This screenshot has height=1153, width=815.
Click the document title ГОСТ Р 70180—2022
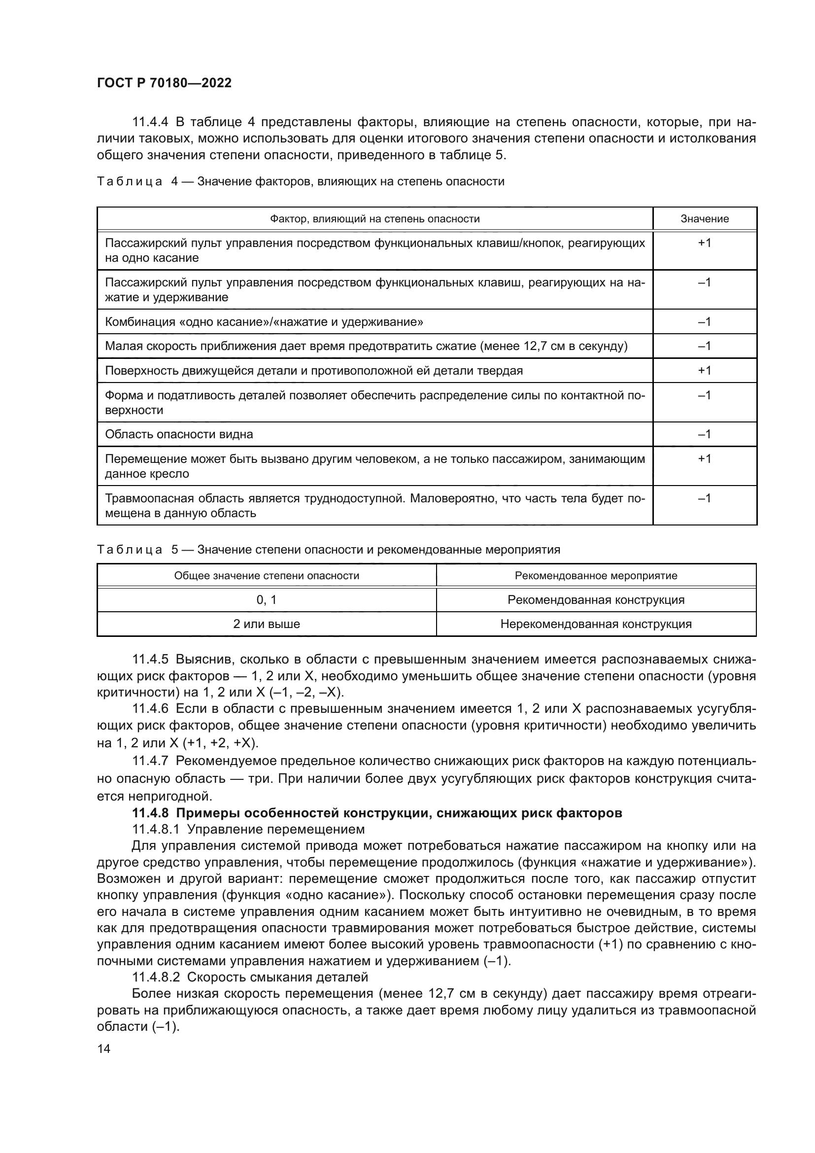point(164,83)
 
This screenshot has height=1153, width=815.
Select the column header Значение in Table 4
point(704,219)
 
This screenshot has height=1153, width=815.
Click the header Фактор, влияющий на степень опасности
point(374,219)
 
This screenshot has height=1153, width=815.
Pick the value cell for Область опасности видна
point(704,434)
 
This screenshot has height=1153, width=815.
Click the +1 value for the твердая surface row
point(704,371)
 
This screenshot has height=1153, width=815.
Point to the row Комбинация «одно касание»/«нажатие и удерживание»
point(264,322)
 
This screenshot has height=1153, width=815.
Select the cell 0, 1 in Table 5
point(267,599)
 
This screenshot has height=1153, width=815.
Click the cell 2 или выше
point(267,624)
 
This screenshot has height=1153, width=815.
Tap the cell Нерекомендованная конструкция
point(596,624)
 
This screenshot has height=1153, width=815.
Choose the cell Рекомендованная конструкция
point(596,599)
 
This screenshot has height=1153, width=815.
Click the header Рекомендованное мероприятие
point(596,575)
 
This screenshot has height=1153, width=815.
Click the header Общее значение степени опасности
point(267,575)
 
